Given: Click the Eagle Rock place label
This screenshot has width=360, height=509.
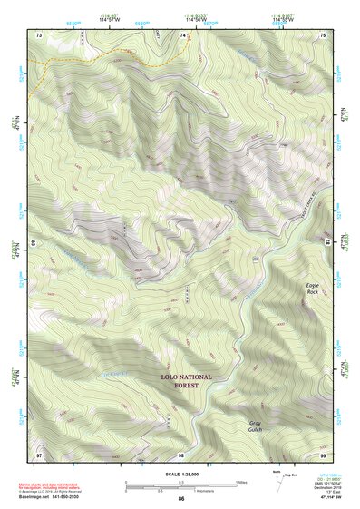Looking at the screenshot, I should pos(312,289).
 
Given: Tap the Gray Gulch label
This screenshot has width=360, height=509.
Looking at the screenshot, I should pos(261,426).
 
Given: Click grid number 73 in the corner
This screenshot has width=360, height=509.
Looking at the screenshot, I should pos(39,34).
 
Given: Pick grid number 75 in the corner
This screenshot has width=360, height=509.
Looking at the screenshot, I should pos(324,34).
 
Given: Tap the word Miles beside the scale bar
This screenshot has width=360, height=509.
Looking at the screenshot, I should pos(241,482).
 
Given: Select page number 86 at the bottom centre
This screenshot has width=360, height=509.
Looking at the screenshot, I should pos(181,500).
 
